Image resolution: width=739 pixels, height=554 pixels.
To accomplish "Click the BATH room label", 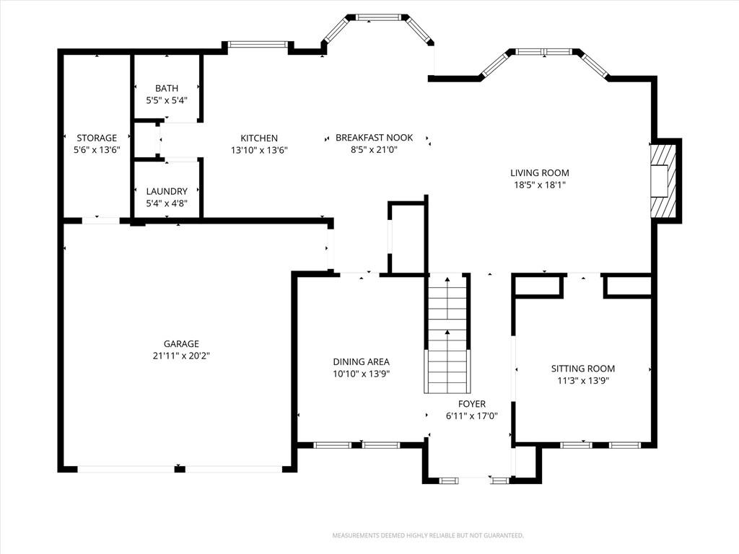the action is (x=167, y=88).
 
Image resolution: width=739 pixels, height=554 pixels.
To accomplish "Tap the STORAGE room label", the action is (x=97, y=138).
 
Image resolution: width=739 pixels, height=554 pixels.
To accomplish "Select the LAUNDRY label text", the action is (x=167, y=191).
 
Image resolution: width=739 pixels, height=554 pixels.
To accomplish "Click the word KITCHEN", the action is (x=259, y=138).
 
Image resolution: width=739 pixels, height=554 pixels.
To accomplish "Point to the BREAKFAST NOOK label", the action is (x=375, y=138).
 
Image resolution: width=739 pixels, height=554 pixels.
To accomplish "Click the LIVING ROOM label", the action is (x=540, y=173).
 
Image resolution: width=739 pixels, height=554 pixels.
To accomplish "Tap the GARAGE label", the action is (x=181, y=344).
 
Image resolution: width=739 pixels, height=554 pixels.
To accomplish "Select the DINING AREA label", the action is (x=362, y=362).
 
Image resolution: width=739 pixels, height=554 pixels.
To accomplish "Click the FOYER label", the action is (x=472, y=404).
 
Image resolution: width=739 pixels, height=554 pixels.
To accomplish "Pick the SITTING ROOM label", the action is (x=583, y=369).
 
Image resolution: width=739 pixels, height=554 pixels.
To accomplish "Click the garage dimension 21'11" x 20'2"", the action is (x=181, y=356).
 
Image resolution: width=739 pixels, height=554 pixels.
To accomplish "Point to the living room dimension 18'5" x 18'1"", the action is (x=540, y=185).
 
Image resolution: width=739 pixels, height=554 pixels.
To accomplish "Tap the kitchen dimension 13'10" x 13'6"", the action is (x=259, y=150).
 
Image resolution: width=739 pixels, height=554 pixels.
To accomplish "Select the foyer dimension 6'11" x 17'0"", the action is (x=472, y=416).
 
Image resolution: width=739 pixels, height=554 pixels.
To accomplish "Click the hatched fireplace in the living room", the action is (x=664, y=180).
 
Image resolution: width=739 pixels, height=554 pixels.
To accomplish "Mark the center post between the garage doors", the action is (x=180, y=469).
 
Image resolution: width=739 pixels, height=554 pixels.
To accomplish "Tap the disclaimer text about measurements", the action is (x=428, y=536).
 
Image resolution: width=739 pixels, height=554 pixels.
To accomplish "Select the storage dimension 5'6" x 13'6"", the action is (x=97, y=150).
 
